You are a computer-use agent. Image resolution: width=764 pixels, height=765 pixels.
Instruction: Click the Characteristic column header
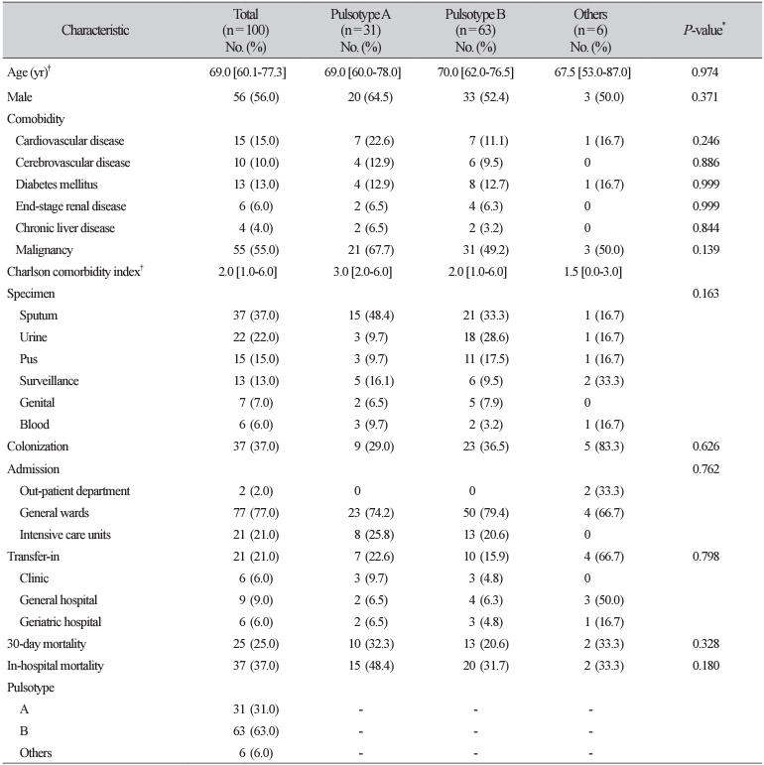[x=95, y=30]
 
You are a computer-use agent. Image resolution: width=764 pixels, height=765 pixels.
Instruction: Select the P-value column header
[x=704, y=30]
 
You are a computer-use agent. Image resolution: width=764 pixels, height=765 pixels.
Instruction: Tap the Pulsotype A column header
[x=360, y=30]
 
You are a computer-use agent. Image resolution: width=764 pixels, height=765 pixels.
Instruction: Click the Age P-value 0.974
[x=705, y=72]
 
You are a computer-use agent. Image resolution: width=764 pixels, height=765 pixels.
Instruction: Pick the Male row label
[x=20, y=96]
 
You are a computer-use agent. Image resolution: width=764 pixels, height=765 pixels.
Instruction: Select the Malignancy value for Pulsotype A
[x=371, y=250]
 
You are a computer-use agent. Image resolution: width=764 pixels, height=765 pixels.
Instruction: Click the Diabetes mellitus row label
[x=57, y=185]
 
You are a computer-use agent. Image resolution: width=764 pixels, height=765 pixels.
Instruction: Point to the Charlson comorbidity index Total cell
[x=248, y=272]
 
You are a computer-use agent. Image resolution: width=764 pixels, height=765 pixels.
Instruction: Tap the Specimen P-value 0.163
[x=705, y=294]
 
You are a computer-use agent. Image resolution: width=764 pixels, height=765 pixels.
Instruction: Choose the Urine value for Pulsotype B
[x=486, y=337]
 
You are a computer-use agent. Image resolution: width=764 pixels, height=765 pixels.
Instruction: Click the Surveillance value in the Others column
[x=604, y=381]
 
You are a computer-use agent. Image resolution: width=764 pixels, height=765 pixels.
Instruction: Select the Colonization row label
[x=38, y=446]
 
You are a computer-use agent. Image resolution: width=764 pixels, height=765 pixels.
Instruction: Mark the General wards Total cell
[x=256, y=513]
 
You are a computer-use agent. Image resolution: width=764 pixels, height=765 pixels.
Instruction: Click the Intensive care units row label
[x=64, y=535]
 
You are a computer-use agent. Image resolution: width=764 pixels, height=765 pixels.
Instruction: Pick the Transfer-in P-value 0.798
[x=705, y=557]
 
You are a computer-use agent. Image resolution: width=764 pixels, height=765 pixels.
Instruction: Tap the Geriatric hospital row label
[x=61, y=622]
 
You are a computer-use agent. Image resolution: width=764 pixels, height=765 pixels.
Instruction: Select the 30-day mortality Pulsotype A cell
[x=371, y=644]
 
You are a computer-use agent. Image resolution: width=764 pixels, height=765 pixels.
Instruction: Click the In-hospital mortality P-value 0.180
[x=705, y=666]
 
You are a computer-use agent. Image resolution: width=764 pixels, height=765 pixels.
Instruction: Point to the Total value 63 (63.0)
[x=256, y=731]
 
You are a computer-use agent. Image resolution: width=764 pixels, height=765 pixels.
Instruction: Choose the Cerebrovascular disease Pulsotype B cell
[x=486, y=163]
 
